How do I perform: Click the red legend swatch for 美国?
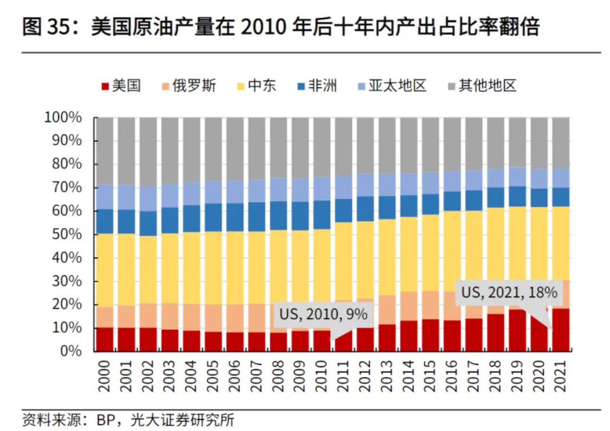tap(105, 86)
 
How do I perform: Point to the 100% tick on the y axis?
tap(63, 117)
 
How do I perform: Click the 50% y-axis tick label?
tap(67, 234)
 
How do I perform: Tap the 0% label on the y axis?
tap(70, 351)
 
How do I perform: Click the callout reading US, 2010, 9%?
tap(324, 314)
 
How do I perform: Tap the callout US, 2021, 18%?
tap(509, 293)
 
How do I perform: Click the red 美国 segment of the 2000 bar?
tap(105, 339)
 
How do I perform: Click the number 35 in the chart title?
tap(59, 26)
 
